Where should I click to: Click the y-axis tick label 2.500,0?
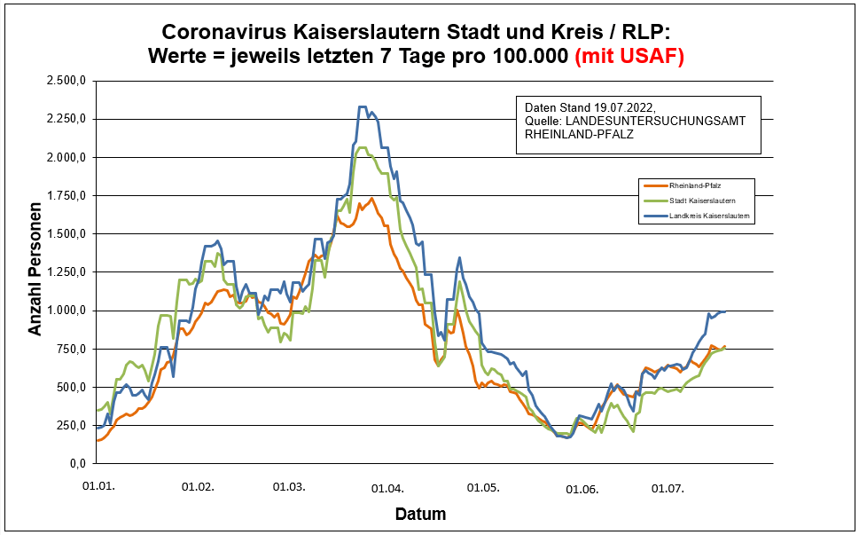[x=66, y=81]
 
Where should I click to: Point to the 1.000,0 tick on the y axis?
[x=66, y=311]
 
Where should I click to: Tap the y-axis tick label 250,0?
[x=72, y=426]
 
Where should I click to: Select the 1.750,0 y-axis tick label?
[x=66, y=196]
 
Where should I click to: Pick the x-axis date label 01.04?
[x=387, y=487]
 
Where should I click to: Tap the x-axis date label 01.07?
[x=668, y=487]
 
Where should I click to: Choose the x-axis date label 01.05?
[x=484, y=487]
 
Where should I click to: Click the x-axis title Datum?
[x=420, y=514]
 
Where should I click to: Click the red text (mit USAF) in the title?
[x=629, y=56]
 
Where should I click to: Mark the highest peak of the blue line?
[x=362, y=107]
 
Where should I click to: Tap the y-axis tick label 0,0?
[x=76, y=464]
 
